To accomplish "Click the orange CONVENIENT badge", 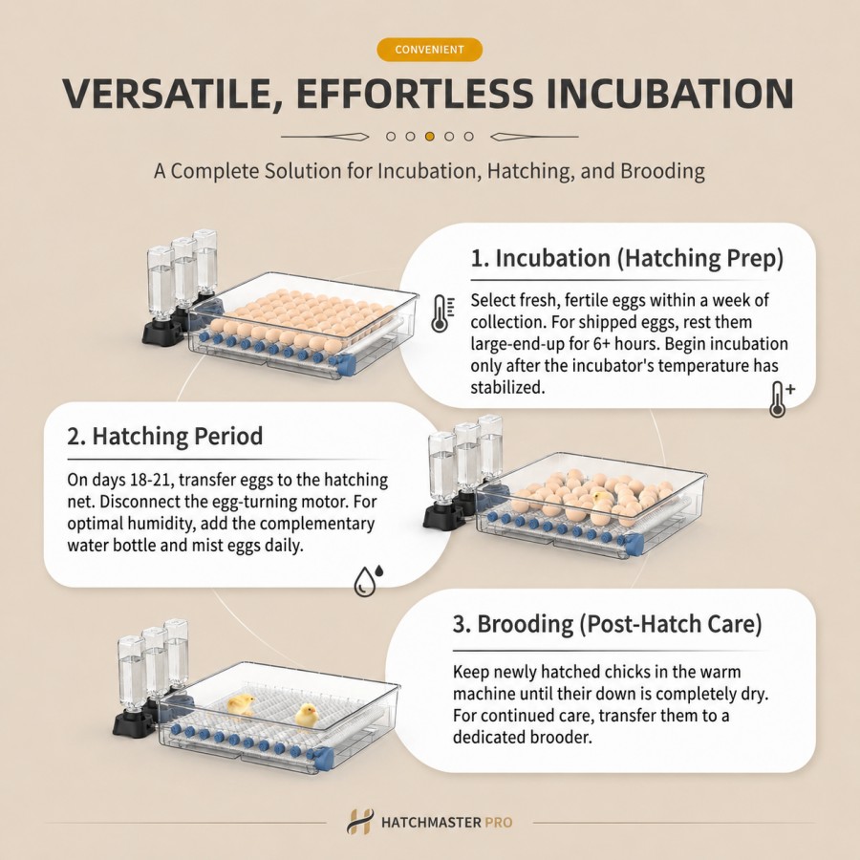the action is pyautogui.click(x=429, y=50).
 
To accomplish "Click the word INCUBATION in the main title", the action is pyautogui.click(x=669, y=94).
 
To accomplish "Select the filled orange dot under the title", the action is pyautogui.click(x=429, y=137).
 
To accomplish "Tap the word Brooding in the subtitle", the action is pyautogui.click(x=662, y=171).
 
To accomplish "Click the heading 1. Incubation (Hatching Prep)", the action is pyautogui.click(x=627, y=258).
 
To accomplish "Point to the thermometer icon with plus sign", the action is pyautogui.click(x=782, y=398).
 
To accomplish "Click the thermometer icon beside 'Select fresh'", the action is pyautogui.click(x=442, y=313).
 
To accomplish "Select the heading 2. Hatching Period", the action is pyautogui.click(x=165, y=436).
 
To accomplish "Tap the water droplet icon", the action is pyautogui.click(x=368, y=580).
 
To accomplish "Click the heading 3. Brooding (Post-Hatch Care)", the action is pyautogui.click(x=607, y=624).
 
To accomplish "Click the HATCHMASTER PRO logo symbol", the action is pyautogui.click(x=360, y=822).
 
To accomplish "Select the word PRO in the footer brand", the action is pyautogui.click(x=499, y=823).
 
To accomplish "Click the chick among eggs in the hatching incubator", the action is pyautogui.click(x=602, y=498).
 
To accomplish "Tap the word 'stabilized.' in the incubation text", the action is pyautogui.click(x=508, y=387).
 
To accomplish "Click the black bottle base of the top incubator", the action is pyautogui.click(x=162, y=332).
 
